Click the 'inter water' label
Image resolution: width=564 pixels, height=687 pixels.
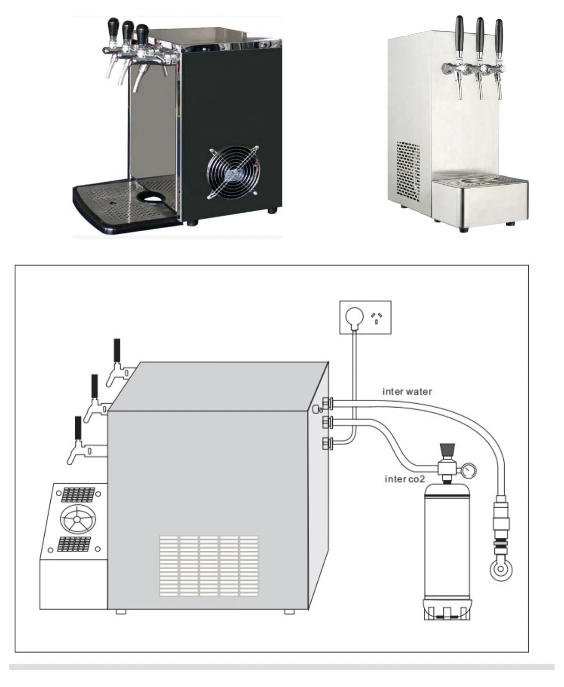(x=407, y=391)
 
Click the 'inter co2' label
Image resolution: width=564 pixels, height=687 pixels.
(x=405, y=479)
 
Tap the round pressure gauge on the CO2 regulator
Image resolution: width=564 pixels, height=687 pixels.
(x=469, y=469)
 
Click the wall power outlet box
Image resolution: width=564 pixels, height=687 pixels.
(x=366, y=317)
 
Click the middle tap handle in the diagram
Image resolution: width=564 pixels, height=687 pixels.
(x=94, y=386)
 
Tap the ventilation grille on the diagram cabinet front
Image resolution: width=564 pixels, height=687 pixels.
(x=209, y=566)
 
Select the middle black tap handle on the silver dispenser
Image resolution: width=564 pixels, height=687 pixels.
(x=479, y=35)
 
